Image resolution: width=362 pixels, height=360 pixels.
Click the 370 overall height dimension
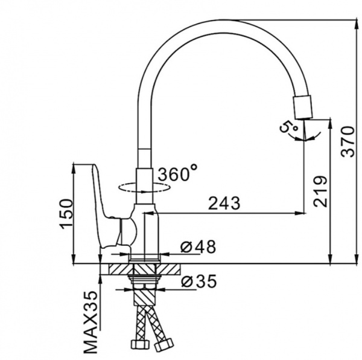click(x=348, y=141)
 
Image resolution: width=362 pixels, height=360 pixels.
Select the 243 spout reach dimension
click(x=224, y=203)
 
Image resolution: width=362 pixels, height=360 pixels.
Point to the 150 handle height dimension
click(x=66, y=214)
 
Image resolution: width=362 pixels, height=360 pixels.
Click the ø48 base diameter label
click(x=198, y=246)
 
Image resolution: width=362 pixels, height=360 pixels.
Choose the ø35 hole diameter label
click(x=198, y=281)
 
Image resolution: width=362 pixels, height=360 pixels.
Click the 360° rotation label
click(x=178, y=173)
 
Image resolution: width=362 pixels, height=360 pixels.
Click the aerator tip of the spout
click(x=302, y=108)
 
